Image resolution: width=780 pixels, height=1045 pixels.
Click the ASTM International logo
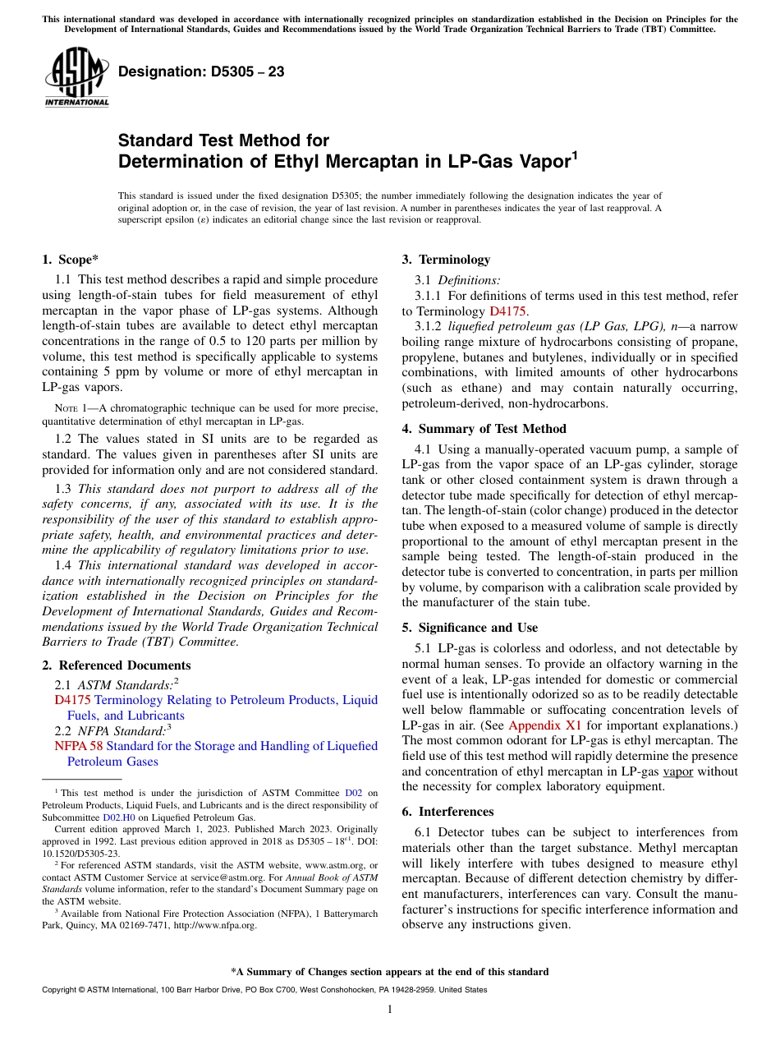[76, 77]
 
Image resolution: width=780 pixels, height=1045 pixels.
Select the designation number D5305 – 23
[201, 72]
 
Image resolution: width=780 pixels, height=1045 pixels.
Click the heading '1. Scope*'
[70, 260]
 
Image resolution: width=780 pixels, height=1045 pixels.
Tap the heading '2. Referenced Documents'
[116, 665]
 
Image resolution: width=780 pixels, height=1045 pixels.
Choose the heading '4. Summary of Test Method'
[484, 429]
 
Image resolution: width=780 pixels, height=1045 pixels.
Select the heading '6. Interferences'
[447, 812]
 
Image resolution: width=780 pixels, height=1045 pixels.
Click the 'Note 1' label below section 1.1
[65, 408]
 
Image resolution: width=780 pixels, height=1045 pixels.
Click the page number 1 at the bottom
[389, 1010]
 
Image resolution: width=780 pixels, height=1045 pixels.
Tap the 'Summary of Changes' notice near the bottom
[389, 972]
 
